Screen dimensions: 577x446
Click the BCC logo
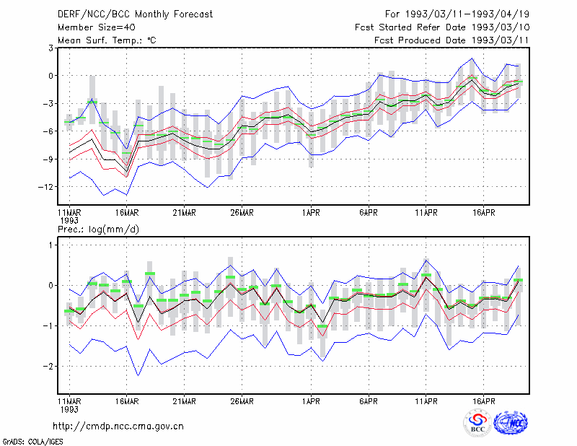click(477, 423)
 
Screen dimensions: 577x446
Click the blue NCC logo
click(511, 423)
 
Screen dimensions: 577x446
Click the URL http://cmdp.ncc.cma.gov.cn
click(118, 427)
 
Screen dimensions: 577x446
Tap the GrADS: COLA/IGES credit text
click(32, 441)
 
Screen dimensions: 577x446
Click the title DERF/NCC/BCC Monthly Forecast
click(135, 14)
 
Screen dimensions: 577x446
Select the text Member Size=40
click(97, 27)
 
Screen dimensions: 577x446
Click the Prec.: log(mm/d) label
click(98, 229)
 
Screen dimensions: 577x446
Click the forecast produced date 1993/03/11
click(501, 40)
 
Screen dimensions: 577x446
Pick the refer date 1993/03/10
click(501, 27)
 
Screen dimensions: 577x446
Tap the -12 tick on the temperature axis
click(45, 187)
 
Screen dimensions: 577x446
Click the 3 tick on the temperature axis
click(50, 48)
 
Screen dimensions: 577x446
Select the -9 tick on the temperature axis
click(48, 159)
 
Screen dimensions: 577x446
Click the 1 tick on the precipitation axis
click(50, 245)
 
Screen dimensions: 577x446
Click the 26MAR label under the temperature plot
click(242, 213)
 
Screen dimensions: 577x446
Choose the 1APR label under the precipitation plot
click(311, 401)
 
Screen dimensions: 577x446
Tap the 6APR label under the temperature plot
click(369, 213)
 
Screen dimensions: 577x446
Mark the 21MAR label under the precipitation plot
click(185, 401)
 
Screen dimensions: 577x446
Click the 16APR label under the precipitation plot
click(483, 401)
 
